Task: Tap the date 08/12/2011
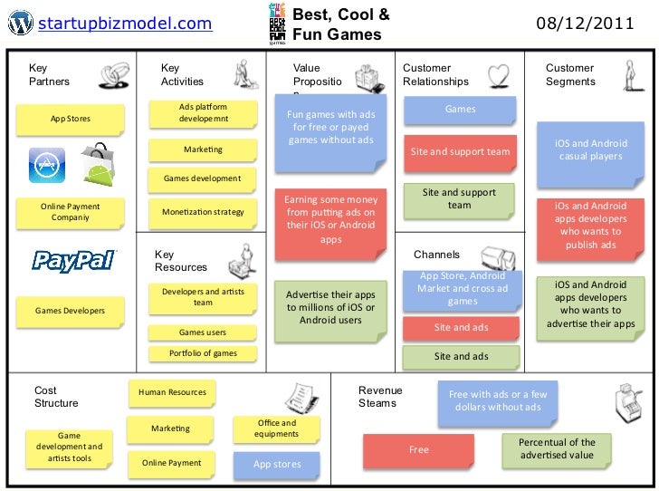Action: (585, 23)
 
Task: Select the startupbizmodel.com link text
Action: (126, 23)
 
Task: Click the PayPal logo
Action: (74, 261)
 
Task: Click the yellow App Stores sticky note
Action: (70, 119)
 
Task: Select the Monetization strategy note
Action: (203, 212)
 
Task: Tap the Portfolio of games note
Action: (203, 353)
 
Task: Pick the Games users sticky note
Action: (203, 332)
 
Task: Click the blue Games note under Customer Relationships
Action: (460, 111)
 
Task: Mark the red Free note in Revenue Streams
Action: (418, 449)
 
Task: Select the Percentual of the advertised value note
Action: (556, 448)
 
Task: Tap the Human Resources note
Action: (172, 392)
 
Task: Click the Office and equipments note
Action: (276, 428)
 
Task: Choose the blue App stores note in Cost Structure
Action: (276, 465)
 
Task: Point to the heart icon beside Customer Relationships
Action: (497, 74)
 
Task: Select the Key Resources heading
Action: (180, 261)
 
